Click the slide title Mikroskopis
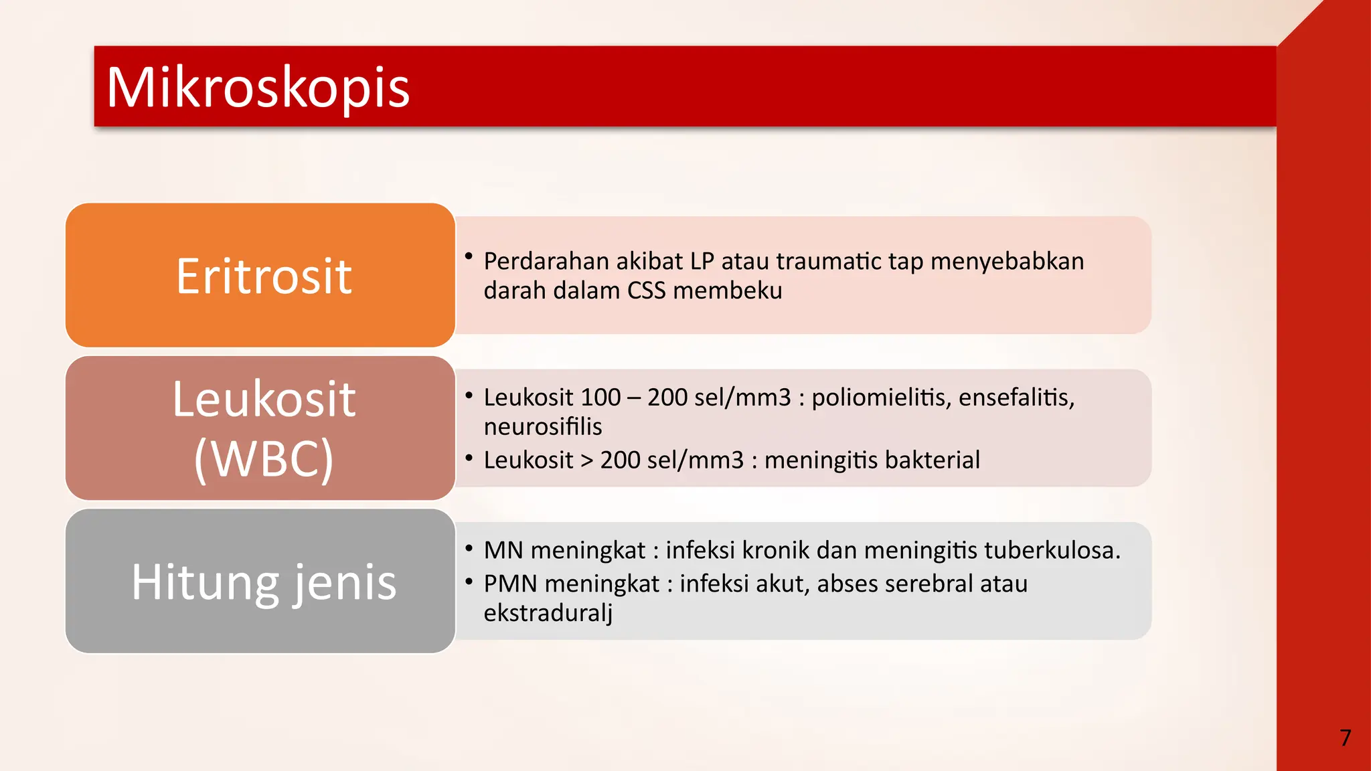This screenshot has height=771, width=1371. click(258, 88)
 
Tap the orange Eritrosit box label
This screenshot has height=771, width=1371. click(263, 276)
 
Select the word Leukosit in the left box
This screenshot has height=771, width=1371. click(263, 399)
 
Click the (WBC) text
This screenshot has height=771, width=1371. click(263, 458)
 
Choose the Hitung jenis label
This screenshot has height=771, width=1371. click(263, 582)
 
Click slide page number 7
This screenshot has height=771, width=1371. click(1345, 738)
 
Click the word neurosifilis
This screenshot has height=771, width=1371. click(542, 427)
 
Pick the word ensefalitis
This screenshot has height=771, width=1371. click(1016, 398)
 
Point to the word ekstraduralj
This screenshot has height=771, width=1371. click(548, 613)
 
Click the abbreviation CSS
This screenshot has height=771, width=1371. click(646, 290)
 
